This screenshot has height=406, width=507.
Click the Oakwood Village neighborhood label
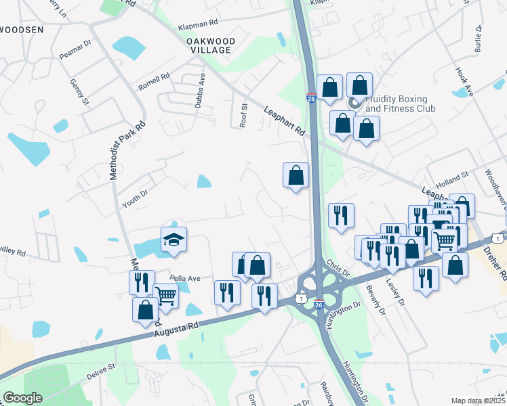click(211, 46)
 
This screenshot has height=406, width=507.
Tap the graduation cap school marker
click(174, 240)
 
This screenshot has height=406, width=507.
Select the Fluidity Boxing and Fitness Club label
click(400, 103)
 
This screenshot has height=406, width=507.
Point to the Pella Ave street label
click(185, 278)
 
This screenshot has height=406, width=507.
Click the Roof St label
click(243, 115)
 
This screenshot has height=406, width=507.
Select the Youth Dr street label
click(134, 197)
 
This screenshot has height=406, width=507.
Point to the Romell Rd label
click(154, 83)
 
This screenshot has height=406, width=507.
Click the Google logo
click(22, 398)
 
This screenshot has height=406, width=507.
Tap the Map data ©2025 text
click(478, 401)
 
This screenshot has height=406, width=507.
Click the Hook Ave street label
click(464, 82)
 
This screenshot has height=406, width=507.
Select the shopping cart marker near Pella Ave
click(166, 295)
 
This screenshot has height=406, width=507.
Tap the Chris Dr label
click(336, 267)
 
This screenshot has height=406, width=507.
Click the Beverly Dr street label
click(376, 300)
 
